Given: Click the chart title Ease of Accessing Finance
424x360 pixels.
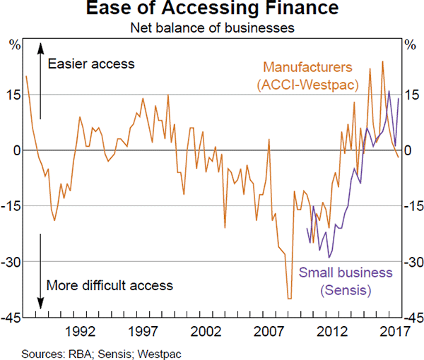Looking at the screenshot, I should click(213, 11).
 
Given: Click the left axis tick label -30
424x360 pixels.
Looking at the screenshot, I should click(13, 262).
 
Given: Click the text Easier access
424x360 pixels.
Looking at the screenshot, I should click(90, 64).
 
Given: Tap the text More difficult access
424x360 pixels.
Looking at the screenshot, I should click(109, 286).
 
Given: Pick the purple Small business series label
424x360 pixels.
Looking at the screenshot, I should click(346, 281).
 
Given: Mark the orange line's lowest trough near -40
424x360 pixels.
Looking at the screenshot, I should click(289, 299).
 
